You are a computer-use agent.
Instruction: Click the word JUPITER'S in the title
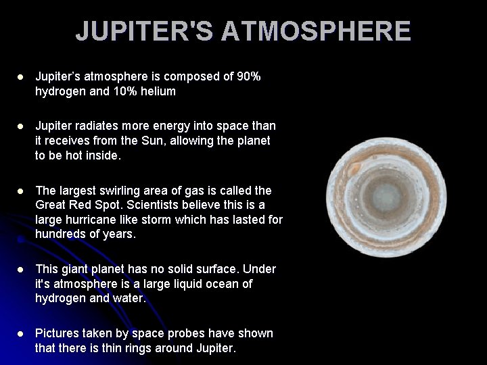[x=144, y=32]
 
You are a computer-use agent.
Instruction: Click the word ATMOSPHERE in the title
[x=316, y=32]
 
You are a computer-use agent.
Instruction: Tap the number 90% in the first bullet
[x=248, y=76]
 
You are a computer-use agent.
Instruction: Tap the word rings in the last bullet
[x=133, y=348]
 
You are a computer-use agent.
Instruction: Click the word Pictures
[x=59, y=333]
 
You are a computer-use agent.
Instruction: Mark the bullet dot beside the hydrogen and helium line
[x=20, y=77]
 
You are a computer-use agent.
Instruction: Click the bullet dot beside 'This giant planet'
[x=20, y=270]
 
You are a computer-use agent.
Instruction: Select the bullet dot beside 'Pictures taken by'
[x=20, y=334]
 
